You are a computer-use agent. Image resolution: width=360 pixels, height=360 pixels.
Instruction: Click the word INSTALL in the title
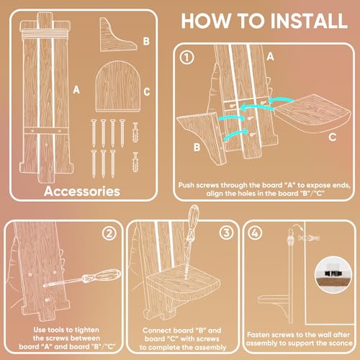click(309, 21)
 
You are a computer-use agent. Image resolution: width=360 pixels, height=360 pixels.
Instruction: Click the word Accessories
click(82, 192)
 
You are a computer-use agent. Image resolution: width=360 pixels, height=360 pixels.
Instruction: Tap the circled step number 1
click(186, 58)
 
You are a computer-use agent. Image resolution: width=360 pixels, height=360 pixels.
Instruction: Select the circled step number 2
click(109, 233)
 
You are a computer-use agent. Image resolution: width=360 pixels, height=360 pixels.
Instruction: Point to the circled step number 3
click(226, 233)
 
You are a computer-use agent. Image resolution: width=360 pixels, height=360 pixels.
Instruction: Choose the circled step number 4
click(255, 233)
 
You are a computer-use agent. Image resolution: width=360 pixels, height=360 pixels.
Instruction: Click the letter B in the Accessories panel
click(146, 41)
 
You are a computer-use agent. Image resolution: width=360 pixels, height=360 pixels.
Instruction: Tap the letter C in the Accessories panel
click(147, 92)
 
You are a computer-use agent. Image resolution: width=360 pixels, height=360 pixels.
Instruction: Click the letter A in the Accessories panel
click(76, 90)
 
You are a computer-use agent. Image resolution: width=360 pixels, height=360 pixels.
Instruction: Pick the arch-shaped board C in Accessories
click(117, 86)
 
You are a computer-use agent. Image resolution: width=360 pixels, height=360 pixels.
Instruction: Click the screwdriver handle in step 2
click(102, 276)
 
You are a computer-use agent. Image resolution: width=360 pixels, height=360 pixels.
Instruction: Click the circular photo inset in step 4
click(333, 275)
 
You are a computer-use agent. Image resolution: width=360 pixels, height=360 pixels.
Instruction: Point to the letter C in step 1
click(332, 138)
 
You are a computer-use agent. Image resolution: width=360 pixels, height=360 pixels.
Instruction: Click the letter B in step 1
click(197, 147)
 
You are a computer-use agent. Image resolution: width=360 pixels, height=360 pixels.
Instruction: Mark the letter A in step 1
click(270, 57)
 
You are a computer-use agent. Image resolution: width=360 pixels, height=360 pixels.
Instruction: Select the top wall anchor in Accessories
click(135, 132)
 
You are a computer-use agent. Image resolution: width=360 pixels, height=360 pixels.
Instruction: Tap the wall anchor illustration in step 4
click(309, 238)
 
